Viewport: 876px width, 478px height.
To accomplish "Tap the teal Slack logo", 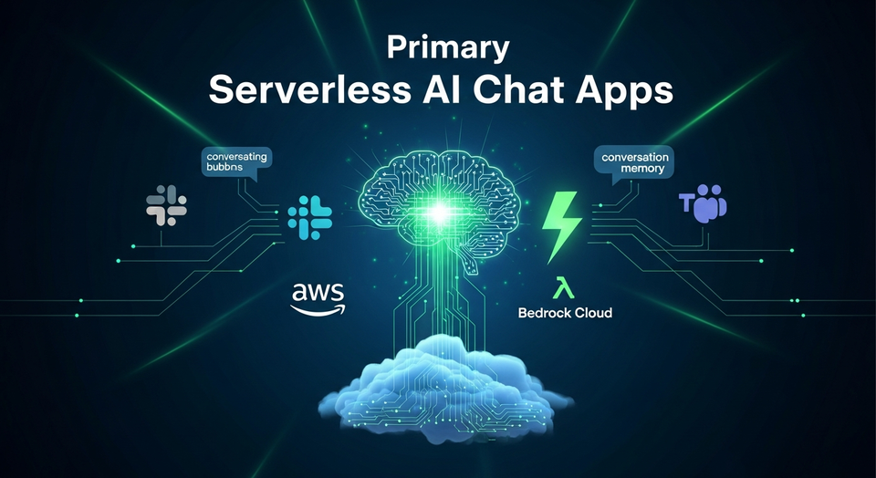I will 309,217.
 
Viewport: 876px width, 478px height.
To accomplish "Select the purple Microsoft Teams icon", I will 703,205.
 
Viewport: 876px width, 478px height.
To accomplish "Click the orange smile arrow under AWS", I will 318,309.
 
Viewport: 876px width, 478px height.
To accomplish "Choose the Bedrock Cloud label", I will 564,313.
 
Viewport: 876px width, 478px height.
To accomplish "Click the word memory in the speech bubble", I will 636,170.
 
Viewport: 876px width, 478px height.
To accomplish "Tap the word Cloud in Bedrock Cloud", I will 591,313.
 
